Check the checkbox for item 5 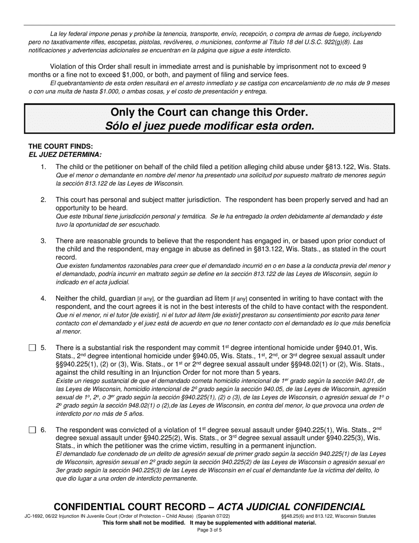click(x=32, y=348)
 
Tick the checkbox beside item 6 click(x=32, y=430)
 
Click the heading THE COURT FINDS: click(x=61, y=146)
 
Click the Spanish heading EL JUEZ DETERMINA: click(x=65, y=155)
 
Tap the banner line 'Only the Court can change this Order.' click(x=209, y=112)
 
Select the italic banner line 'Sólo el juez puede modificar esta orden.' click(x=209, y=126)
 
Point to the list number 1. click(x=43, y=167)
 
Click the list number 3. click(x=43, y=241)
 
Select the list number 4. click(x=43, y=298)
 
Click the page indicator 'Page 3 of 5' click(x=209, y=530)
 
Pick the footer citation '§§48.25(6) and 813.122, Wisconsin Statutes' click(x=328, y=516)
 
